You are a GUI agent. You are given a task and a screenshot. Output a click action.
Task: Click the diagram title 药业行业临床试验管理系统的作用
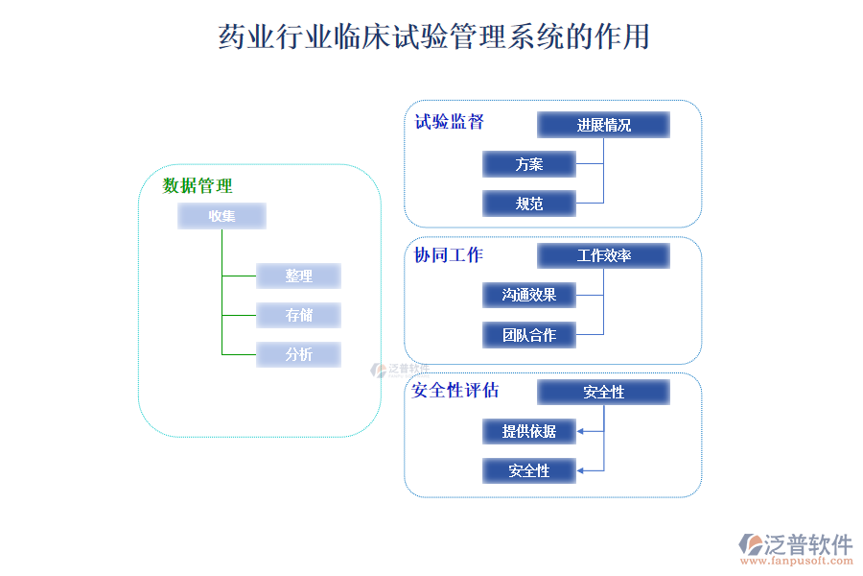click(434, 36)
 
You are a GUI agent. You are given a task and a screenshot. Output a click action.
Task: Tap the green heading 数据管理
click(198, 185)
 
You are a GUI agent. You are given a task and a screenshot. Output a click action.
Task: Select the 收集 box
click(222, 216)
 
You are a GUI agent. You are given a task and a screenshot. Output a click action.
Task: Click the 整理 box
click(298, 276)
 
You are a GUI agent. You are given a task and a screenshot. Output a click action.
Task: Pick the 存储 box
click(298, 315)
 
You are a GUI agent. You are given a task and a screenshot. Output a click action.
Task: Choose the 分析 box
click(298, 354)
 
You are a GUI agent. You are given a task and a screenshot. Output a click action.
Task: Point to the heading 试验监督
click(449, 122)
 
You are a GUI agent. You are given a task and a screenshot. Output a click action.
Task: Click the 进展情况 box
click(603, 125)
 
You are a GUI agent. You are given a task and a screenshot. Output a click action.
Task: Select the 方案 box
click(528, 164)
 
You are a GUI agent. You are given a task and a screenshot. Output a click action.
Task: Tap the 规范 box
click(528, 204)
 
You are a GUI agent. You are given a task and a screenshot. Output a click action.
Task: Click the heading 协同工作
click(449, 254)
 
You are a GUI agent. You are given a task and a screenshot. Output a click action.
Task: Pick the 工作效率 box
click(603, 255)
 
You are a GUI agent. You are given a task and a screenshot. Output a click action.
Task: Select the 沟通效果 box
click(528, 295)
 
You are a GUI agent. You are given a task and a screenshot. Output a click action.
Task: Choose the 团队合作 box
click(528, 335)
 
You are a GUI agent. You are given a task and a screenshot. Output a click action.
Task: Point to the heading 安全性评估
click(455, 391)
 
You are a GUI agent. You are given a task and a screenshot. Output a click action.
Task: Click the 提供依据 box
click(528, 431)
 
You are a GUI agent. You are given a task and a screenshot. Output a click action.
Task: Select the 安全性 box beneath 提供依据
click(528, 470)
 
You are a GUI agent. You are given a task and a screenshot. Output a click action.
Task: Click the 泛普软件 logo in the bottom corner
click(795, 544)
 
